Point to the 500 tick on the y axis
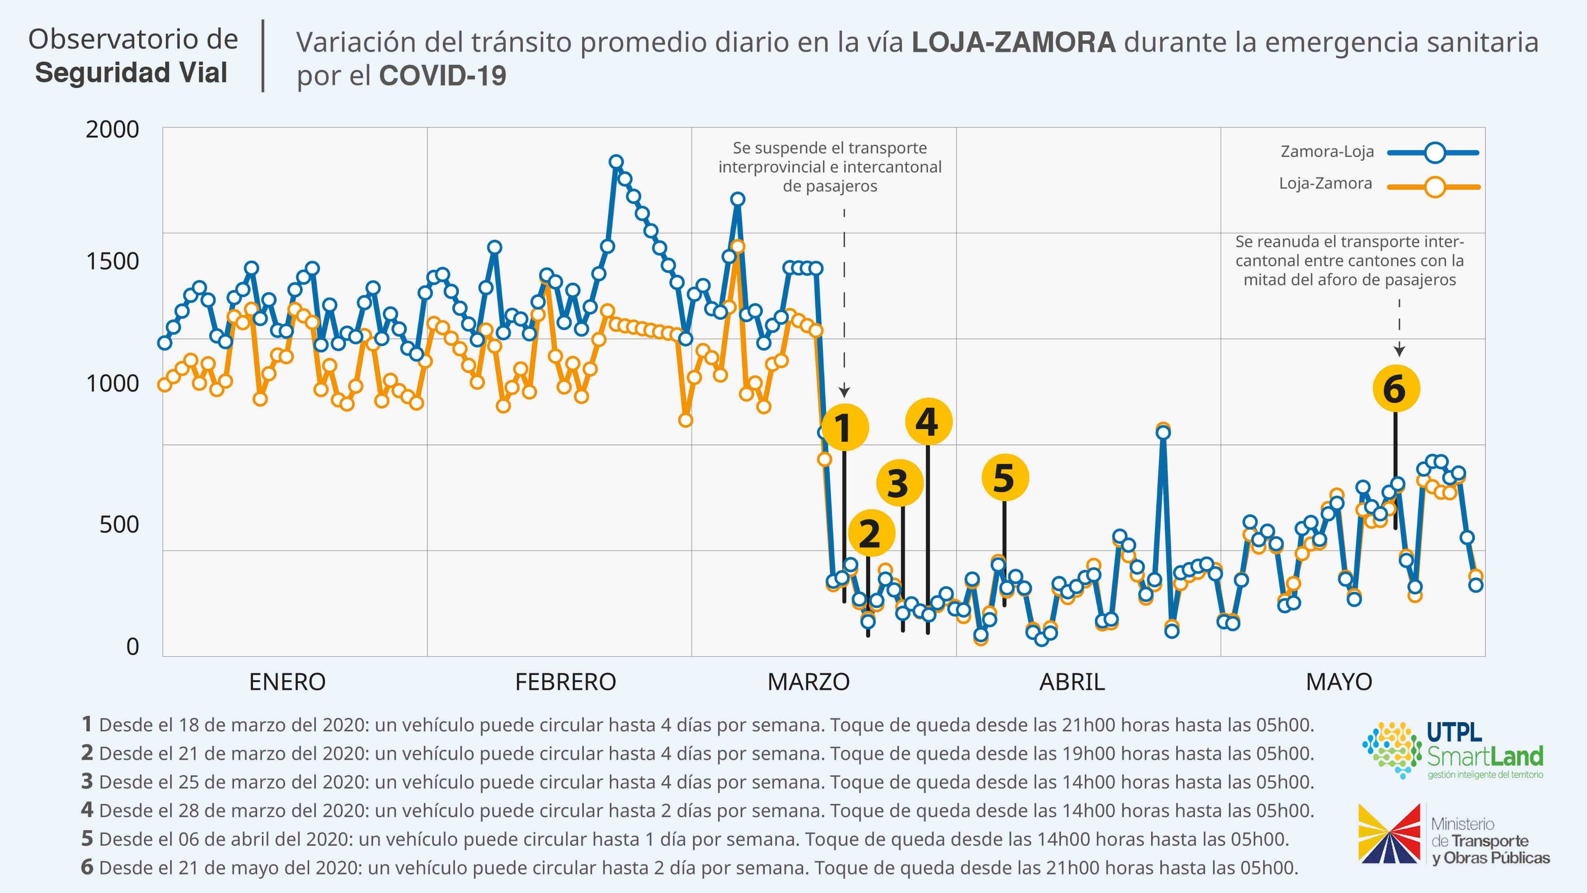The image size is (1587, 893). coord(119,524)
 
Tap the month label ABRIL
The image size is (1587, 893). coord(1072,682)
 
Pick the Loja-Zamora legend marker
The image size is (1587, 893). coord(1435,186)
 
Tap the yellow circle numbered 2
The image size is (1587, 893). coord(871,533)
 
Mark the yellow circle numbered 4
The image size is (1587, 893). coord(928,422)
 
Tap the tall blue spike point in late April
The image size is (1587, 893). coord(1162,433)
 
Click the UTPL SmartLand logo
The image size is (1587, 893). coord(1454,751)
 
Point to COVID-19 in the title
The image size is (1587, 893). coord(442,76)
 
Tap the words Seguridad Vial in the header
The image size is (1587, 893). coord(131,73)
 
